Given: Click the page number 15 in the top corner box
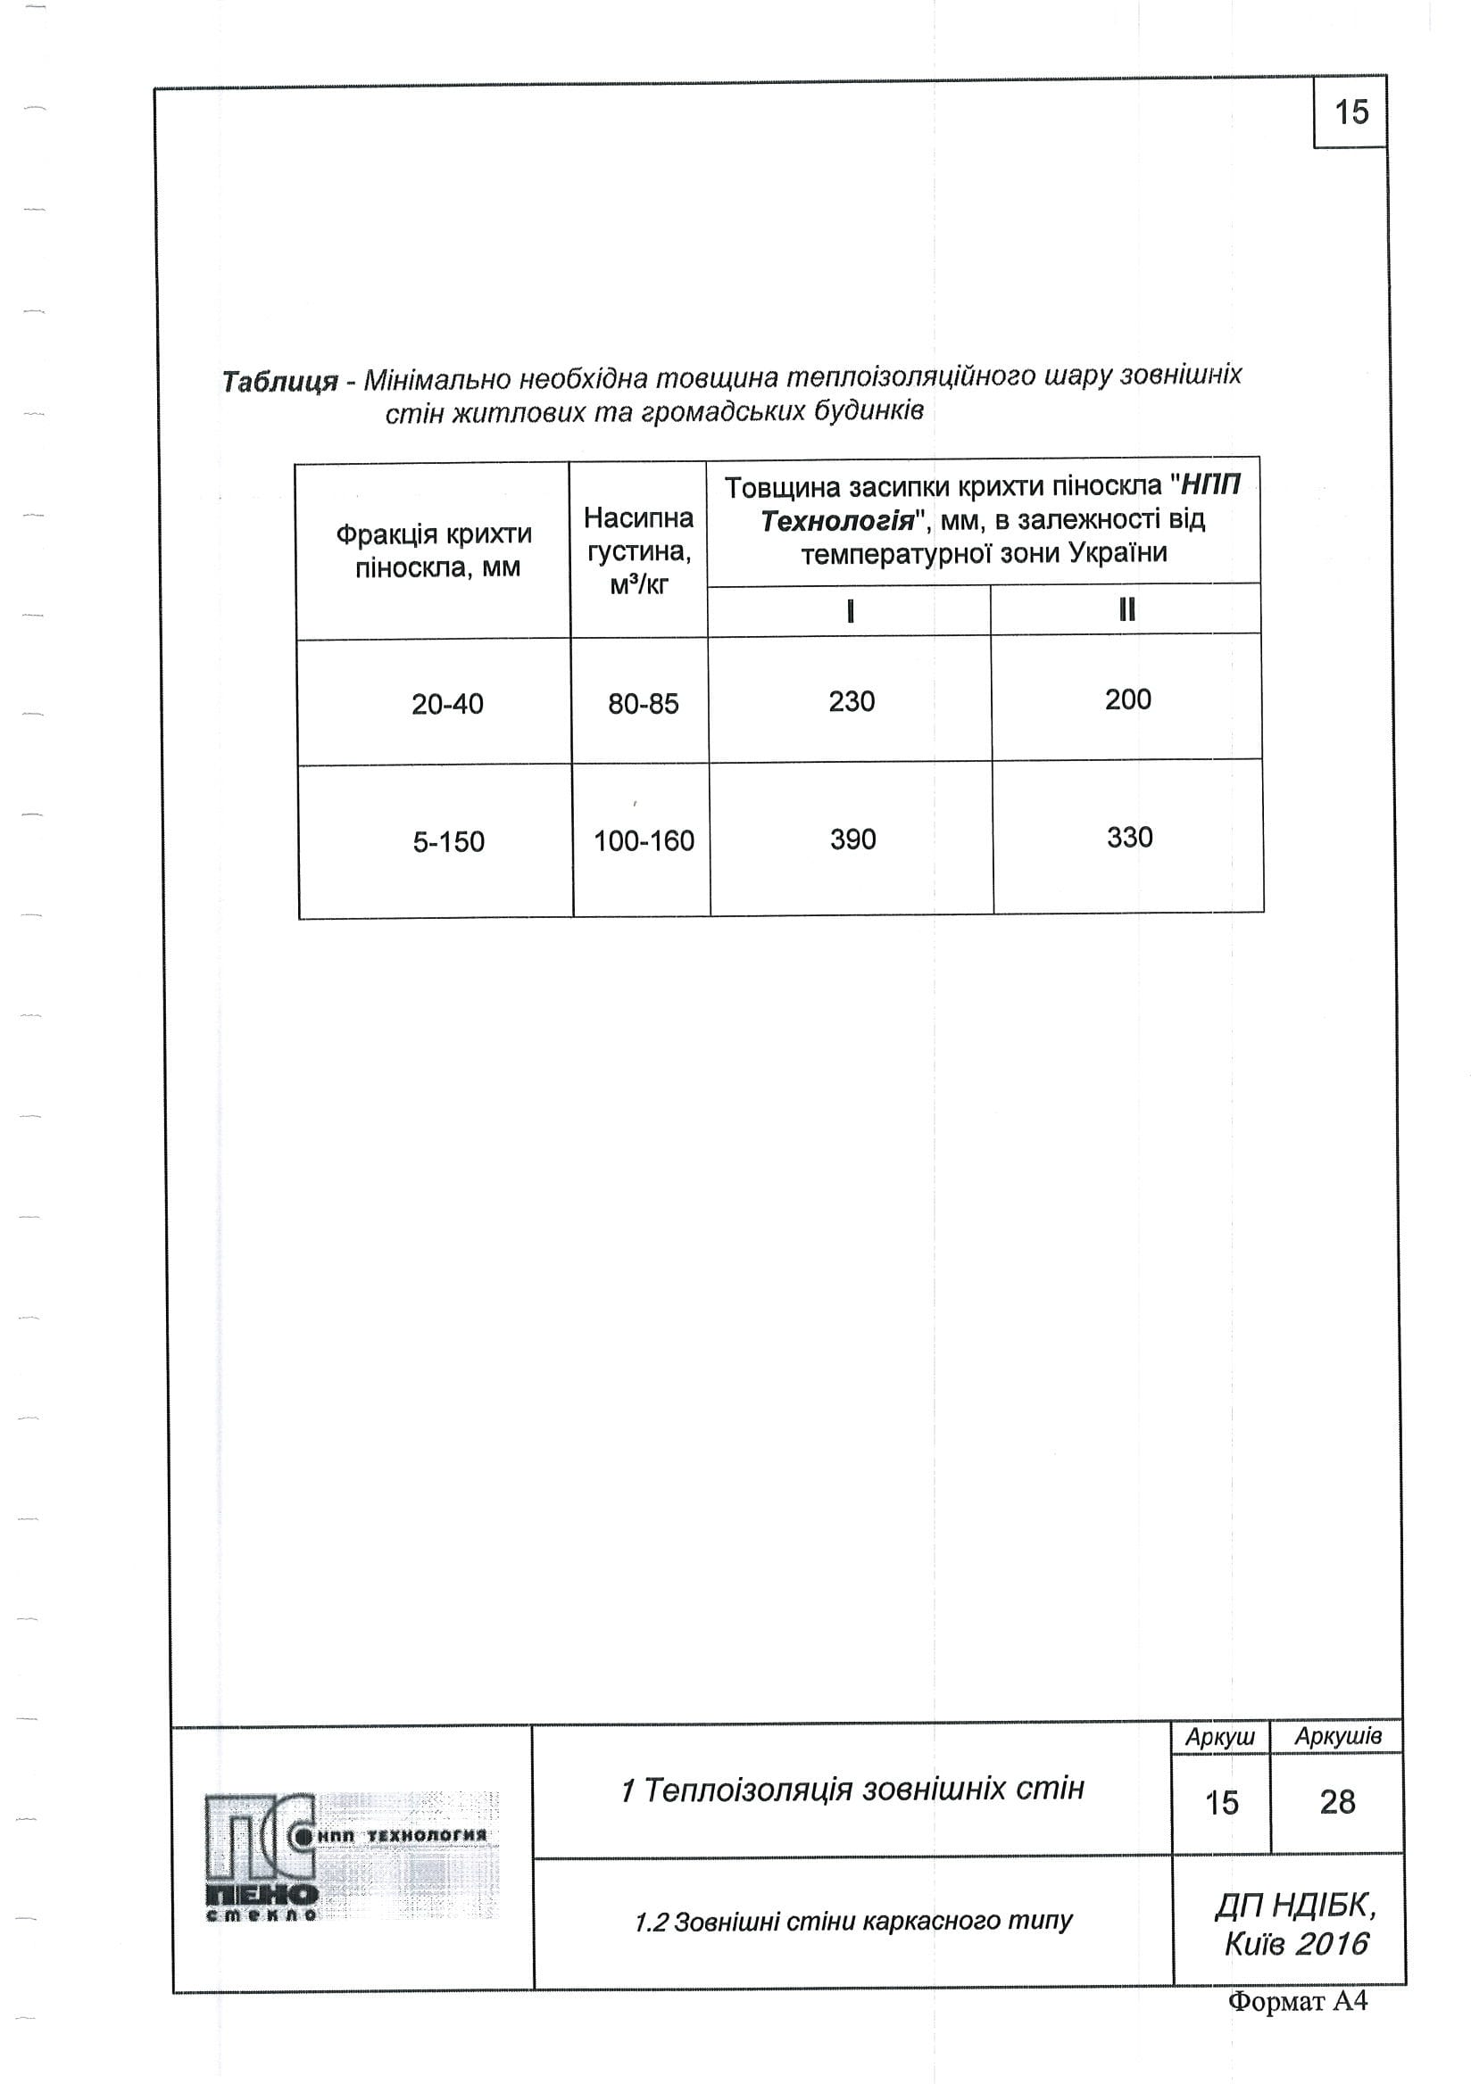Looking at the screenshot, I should (x=1350, y=112).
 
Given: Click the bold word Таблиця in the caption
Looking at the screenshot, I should (x=279, y=381).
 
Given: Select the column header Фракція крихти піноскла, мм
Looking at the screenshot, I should (x=434, y=551).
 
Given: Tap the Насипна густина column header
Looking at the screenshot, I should (x=638, y=551).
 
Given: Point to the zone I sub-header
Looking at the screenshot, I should (x=850, y=611).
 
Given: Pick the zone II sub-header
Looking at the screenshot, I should (x=1126, y=609).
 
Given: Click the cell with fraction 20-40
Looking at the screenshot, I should (x=447, y=704).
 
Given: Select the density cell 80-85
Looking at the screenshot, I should (x=643, y=704).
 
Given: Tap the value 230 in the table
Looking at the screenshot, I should (x=852, y=700).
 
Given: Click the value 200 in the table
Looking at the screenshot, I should (x=1127, y=699).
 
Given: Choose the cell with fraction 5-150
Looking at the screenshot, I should (x=449, y=841).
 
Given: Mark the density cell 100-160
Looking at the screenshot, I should (x=643, y=840).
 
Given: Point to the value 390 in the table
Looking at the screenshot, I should (x=852, y=839).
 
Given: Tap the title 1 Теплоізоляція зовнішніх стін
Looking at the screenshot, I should (x=852, y=1789).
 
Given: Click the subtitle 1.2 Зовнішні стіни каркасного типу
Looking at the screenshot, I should (x=852, y=1921).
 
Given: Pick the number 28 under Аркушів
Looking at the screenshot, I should (x=1336, y=1802).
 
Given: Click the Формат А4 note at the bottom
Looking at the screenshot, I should (x=1297, y=2000).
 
